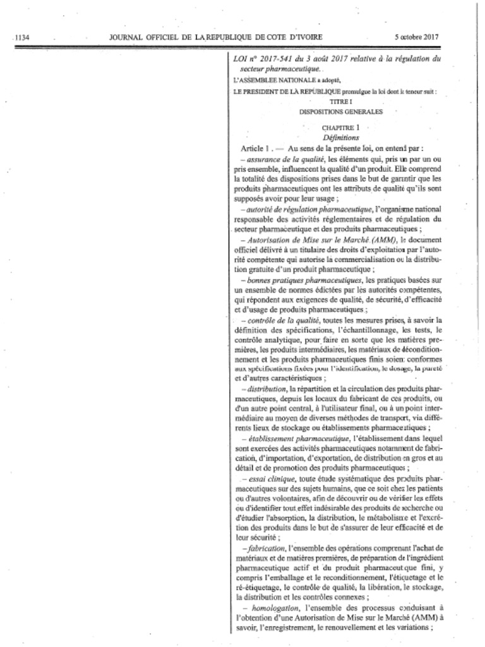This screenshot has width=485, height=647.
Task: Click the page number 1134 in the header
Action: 23,37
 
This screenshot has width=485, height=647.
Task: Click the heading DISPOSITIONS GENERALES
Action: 340,111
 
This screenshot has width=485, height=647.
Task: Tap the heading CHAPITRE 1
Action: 340,128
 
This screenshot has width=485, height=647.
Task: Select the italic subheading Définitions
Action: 340,137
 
